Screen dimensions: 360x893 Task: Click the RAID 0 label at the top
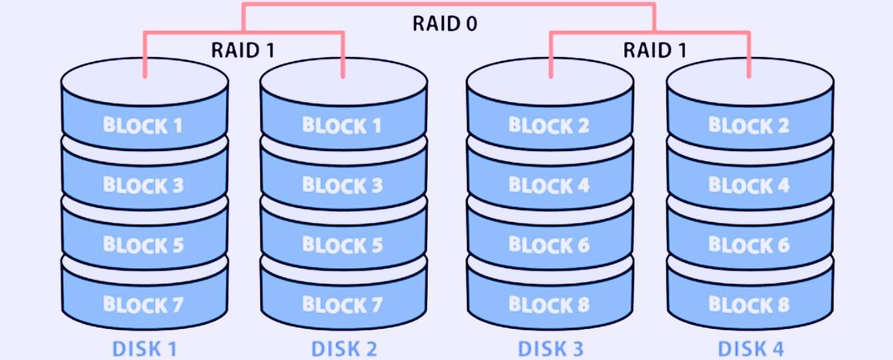[x=444, y=23]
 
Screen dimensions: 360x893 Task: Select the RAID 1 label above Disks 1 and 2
[x=242, y=50]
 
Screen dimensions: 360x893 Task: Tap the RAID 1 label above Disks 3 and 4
[x=655, y=50]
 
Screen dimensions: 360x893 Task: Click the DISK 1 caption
[x=145, y=349]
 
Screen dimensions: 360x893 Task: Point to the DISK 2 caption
[x=344, y=349]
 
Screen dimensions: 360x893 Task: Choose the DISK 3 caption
[x=550, y=349]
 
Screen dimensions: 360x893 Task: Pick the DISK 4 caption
[x=750, y=349]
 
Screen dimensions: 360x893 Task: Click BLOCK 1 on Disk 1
[x=143, y=125]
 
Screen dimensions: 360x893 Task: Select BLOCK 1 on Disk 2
[x=342, y=125]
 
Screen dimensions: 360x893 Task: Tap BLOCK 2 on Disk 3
[x=549, y=125]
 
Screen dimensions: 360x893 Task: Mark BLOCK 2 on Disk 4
[x=749, y=125]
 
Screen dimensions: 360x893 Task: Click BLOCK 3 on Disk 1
[x=143, y=185]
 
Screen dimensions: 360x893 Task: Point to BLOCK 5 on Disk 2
[x=342, y=245]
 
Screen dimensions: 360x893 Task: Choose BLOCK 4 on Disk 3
[x=549, y=185]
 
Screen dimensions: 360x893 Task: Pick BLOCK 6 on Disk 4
[x=749, y=245]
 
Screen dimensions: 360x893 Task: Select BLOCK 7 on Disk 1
[x=143, y=305]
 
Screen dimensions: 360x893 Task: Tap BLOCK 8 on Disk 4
[x=749, y=305]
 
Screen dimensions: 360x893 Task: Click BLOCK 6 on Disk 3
[x=549, y=245]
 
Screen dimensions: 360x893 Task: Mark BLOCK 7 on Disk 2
[x=342, y=305]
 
